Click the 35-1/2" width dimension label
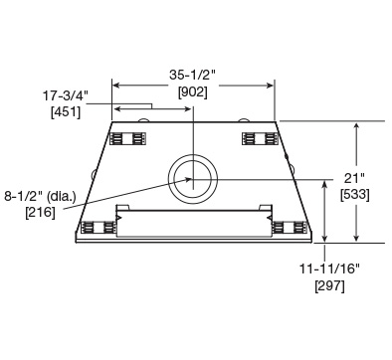tap(193, 75)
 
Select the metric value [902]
tap(193, 91)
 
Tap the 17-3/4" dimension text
tap(66, 95)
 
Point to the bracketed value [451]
tap(66, 112)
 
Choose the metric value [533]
tap(355, 195)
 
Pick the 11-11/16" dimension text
tap(330, 269)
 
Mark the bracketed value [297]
tap(329, 285)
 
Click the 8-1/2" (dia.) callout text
tap(40, 196)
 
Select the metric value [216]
tap(40, 212)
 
